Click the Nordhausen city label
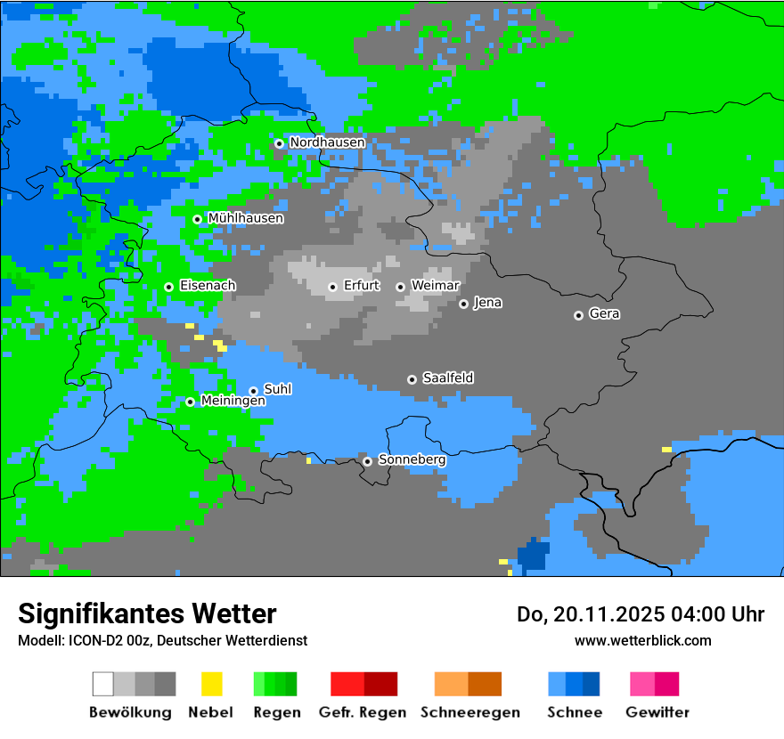(327, 142)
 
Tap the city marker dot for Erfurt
(332, 287)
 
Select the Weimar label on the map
(435, 286)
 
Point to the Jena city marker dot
(463, 304)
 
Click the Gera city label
(604, 314)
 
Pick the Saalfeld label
(447, 378)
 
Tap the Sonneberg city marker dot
(367, 461)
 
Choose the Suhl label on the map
(278, 390)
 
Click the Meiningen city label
(233, 402)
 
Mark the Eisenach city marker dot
(168, 287)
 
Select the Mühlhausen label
(245, 218)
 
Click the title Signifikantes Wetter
(147, 613)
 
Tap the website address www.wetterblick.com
(642, 640)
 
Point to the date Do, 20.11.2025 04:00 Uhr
(641, 614)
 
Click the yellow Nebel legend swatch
(211, 684)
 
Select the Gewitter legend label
(657, 712)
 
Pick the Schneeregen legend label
(470, 712)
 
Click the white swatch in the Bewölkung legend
(103, 684)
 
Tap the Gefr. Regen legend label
(362, 712)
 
